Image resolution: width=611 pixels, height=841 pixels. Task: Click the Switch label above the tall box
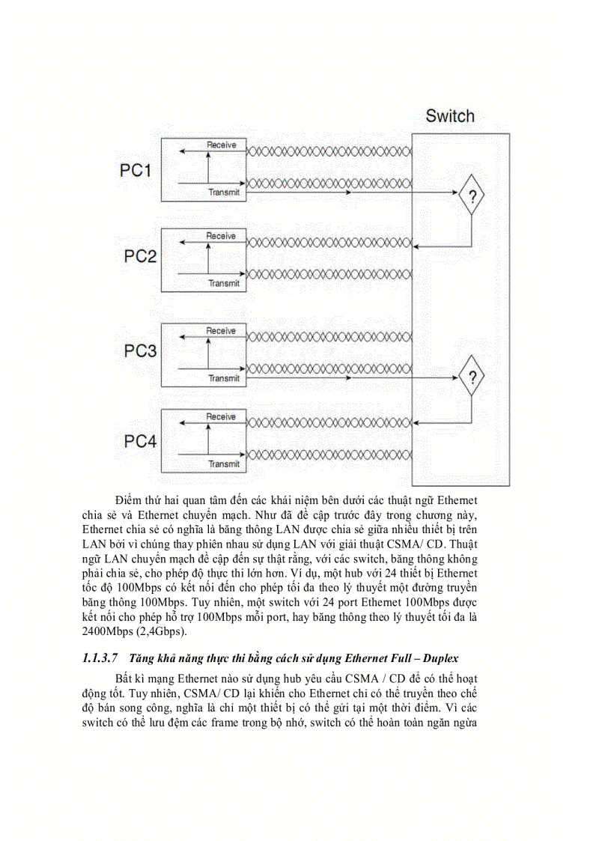450,116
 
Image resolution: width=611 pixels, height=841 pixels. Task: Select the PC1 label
136,171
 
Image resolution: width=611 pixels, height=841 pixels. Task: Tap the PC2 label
140,257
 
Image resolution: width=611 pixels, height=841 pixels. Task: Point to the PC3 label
140,351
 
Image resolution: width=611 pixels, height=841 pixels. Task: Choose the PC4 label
140,441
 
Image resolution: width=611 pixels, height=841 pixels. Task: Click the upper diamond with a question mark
472,196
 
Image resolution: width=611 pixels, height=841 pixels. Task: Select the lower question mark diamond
472,377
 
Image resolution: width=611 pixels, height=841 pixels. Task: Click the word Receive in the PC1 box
222,144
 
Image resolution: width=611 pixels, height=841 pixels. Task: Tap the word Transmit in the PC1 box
224,192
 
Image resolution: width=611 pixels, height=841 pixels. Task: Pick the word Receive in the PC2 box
221,236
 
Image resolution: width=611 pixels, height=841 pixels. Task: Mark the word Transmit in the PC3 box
224,378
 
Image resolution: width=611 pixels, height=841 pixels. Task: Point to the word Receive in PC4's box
221,416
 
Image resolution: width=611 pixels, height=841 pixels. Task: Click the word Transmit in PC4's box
224,464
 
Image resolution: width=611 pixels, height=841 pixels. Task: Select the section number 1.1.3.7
100,658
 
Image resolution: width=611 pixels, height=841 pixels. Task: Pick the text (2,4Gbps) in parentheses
162,631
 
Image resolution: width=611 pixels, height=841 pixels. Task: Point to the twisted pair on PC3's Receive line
328,339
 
